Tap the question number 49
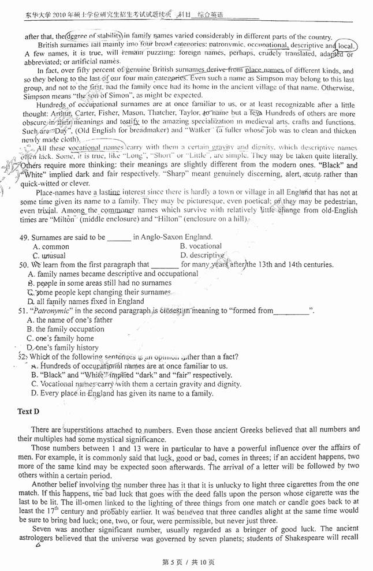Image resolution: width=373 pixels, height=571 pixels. click(24, 237)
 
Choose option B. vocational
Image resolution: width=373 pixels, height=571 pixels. click(200, 246)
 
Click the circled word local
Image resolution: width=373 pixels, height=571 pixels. click(345, 46)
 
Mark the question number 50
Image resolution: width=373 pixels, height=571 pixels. click(24, 265)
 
